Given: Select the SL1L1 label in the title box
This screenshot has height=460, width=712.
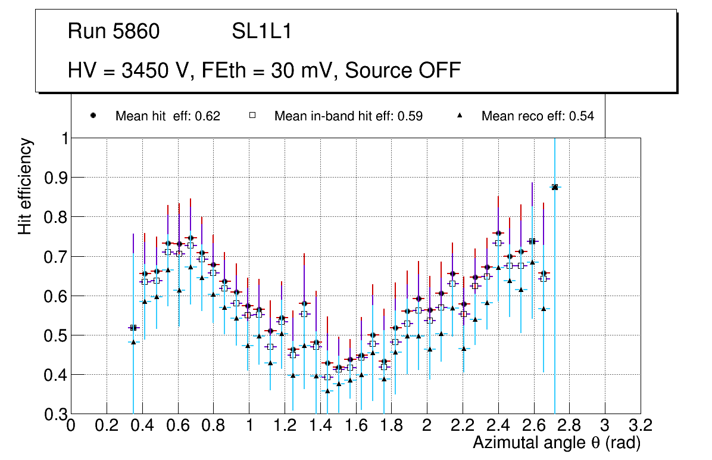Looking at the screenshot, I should click(x=262, y=32).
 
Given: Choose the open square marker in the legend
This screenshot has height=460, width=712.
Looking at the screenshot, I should click(x=252, y=116).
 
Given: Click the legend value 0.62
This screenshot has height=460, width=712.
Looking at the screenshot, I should click(x=208, y=116).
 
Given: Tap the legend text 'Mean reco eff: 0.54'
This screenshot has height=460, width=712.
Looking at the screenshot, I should click(x=538, y=116).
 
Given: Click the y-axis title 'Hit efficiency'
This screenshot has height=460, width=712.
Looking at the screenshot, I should click(x=25, y=186).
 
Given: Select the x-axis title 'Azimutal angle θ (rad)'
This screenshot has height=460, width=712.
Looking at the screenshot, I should click(x=557, y=443).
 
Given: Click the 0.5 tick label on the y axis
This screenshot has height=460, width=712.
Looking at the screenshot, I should click(x=55, y=335).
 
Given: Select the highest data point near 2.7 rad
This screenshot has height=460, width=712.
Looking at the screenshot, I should click(x=555, y=187).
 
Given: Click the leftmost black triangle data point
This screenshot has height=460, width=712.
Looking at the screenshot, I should click(x=133, y=342).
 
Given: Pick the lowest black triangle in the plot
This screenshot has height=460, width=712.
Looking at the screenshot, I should click(x=327, y=391).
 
